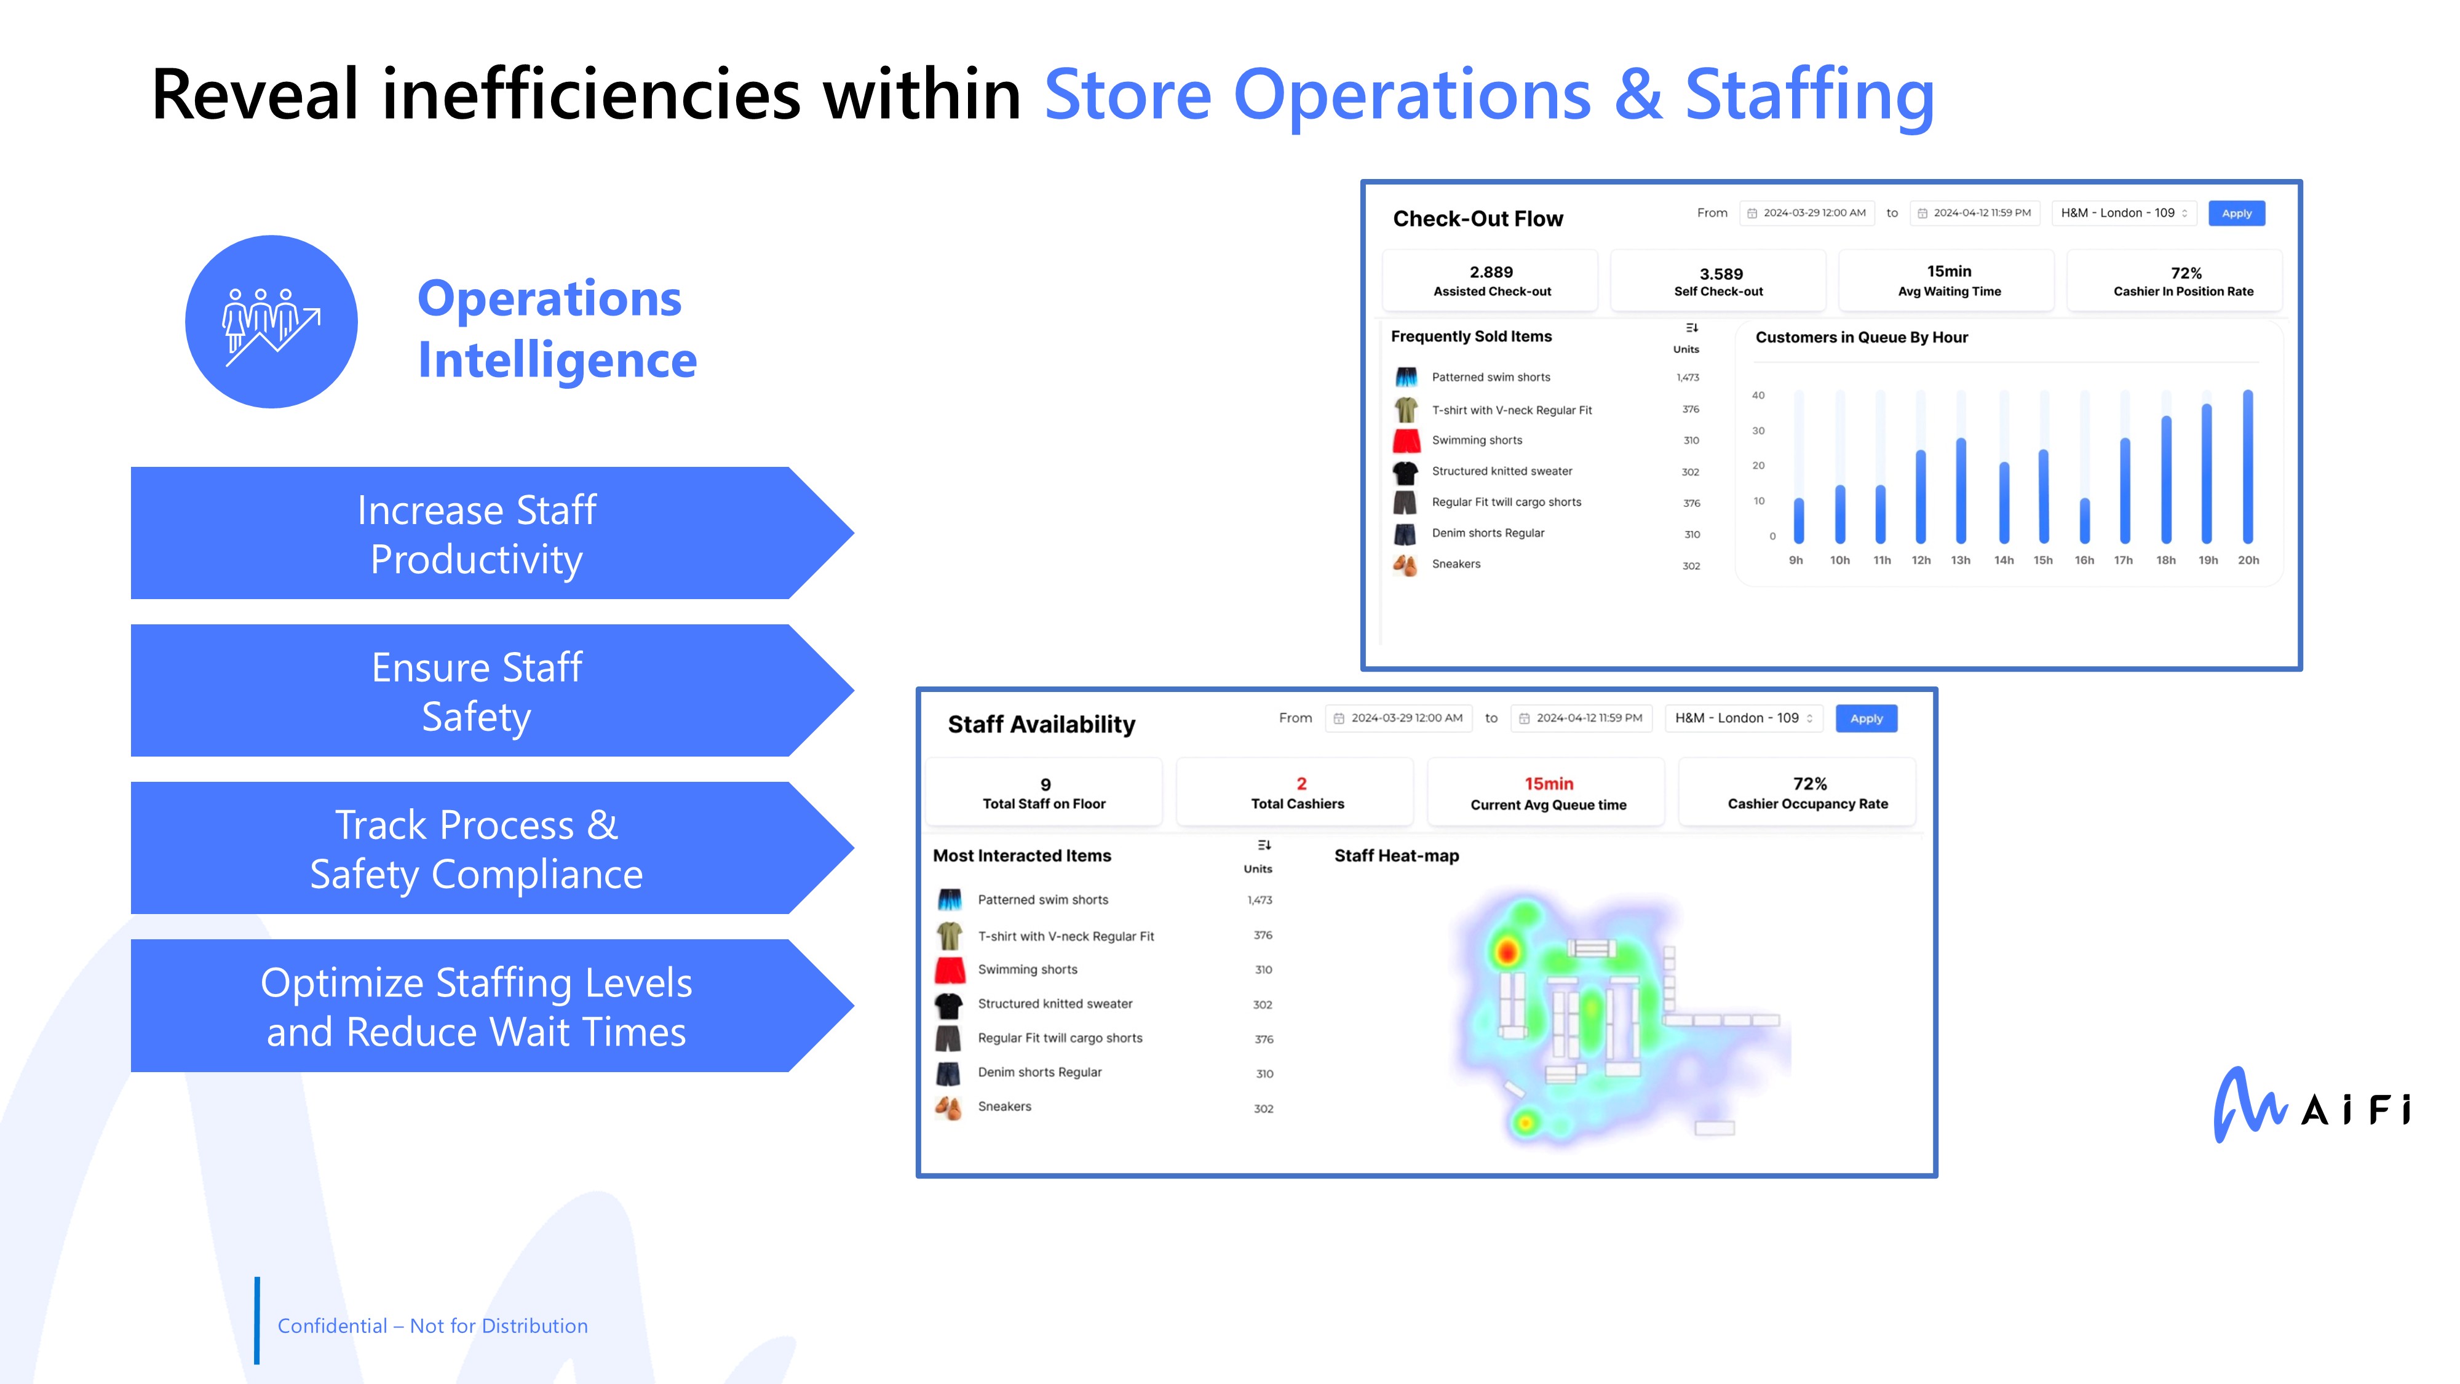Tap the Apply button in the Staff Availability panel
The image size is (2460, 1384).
click(1866, 718)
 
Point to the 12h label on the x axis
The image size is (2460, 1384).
click(1921, 560)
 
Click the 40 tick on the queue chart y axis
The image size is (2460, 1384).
click(1758, 396)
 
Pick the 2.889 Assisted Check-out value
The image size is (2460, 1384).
click(1491, 272)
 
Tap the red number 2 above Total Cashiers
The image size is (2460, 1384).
click(1301, 783)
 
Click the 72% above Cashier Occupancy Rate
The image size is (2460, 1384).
click(1810, 783)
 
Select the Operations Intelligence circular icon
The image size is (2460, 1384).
click(271, 322)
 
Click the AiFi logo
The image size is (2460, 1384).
click(2312, 1105)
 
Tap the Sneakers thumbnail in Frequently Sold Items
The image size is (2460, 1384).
click(1405, 565)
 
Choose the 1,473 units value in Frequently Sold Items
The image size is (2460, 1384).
click(1688, 377)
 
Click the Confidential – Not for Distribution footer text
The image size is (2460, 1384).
click(432, 1326)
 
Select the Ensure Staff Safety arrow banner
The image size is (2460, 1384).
click(492, 691)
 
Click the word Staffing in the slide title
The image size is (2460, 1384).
click(1810, 95)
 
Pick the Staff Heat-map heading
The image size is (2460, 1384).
click(1396, 856)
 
